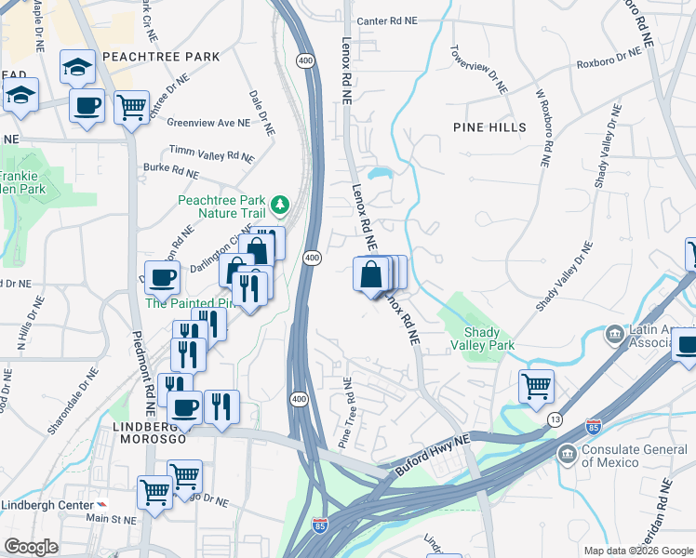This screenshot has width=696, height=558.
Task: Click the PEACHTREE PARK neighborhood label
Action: coord(161,57)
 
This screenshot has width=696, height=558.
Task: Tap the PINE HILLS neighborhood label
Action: coord(489,127)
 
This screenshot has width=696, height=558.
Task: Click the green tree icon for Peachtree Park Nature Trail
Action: coord(278,204)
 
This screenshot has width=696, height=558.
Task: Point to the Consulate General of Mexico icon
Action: coord(566,454)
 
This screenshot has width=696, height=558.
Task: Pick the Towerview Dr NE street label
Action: coord(479,69)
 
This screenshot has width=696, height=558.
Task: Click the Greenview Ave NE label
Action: coord(208,122)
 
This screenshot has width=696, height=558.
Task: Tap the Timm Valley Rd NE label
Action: coord(211,153)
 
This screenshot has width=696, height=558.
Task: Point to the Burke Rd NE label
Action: coord(170,171)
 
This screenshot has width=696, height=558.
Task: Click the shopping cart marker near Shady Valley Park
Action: coord(536,385)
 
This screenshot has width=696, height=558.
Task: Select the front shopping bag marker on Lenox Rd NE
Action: coord(370,275)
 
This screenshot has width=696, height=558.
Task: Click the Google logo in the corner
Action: coord(32,547)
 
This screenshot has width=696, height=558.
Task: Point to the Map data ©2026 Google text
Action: coord(637,551)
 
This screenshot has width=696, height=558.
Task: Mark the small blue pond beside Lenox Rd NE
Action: coord(380,173)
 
